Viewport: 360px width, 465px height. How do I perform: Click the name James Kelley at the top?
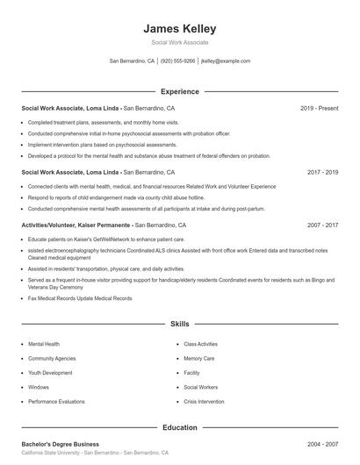(x=179, y=28)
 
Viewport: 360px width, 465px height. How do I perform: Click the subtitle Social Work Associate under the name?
(x=179, y=43)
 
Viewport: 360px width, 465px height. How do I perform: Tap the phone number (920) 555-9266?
(x=178, y=61)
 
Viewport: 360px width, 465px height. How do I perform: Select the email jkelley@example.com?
(x=226, y=61)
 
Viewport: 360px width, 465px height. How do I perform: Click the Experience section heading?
(x=179, y=91)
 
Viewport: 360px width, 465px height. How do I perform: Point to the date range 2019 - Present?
(x=319, y=108)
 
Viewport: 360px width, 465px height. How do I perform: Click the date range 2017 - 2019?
(x=322, y=173)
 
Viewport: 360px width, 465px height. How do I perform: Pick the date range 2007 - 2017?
(x=322, y=225)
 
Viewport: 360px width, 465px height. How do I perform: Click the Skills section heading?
(x=179, y=324)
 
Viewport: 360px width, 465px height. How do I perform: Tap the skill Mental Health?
(x=44, y=344)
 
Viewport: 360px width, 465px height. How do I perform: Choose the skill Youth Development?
(x=51, y=372)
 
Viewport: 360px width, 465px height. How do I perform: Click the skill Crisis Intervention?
(x=205, y=401)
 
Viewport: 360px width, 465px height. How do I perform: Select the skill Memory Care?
(x=198, y=358)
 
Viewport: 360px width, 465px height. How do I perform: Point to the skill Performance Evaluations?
(x=56, y=401)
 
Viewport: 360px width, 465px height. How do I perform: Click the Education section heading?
(x=179, y=427)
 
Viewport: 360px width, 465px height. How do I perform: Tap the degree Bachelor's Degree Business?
(x=60, y=444)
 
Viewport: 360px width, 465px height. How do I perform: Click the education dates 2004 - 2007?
(x=322, y=444)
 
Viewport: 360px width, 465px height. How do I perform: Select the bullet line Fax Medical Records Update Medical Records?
(x=80, y=298)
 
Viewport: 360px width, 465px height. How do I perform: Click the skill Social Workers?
(x=200, y=387)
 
